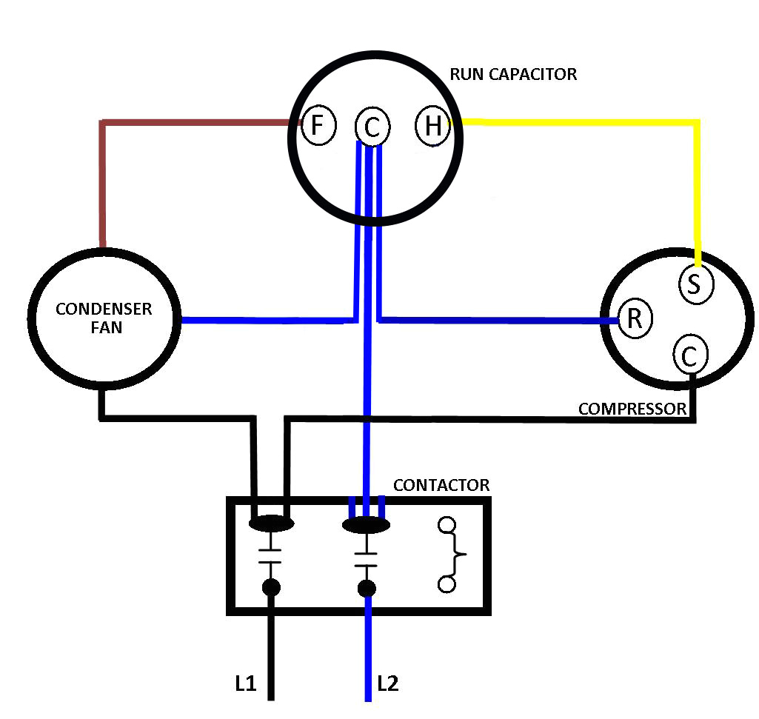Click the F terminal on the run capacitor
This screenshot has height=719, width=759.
click(x=318, y=125)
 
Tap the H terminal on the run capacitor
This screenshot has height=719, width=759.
click(x=432, y=126)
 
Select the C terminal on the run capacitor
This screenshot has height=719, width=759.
click(x=372, y=127)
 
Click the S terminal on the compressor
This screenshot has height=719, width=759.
click(x=695, y=284)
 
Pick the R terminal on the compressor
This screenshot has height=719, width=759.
click(x=635, y=319)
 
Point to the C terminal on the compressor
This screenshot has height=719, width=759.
click(x=689, y=356)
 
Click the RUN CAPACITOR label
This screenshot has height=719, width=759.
click(x=512, y=74)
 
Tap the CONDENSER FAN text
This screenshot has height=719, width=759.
click(x=104, y=318)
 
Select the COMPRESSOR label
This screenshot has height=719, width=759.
click(x=632, y=409)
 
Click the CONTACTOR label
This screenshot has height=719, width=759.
click(x=441, y=486)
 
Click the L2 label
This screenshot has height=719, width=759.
click(x=387, y=683)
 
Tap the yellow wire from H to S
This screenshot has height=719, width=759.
click(x=696, y=185)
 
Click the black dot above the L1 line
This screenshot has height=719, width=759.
click(x=272, y=588)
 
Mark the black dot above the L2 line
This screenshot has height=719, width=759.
click(x=367, y=589)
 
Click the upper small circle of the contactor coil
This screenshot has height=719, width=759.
click(x=447, y=526)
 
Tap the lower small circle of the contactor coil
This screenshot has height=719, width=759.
click(x=447, y=584)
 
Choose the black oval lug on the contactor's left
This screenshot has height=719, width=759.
click(x=272, y=524)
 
